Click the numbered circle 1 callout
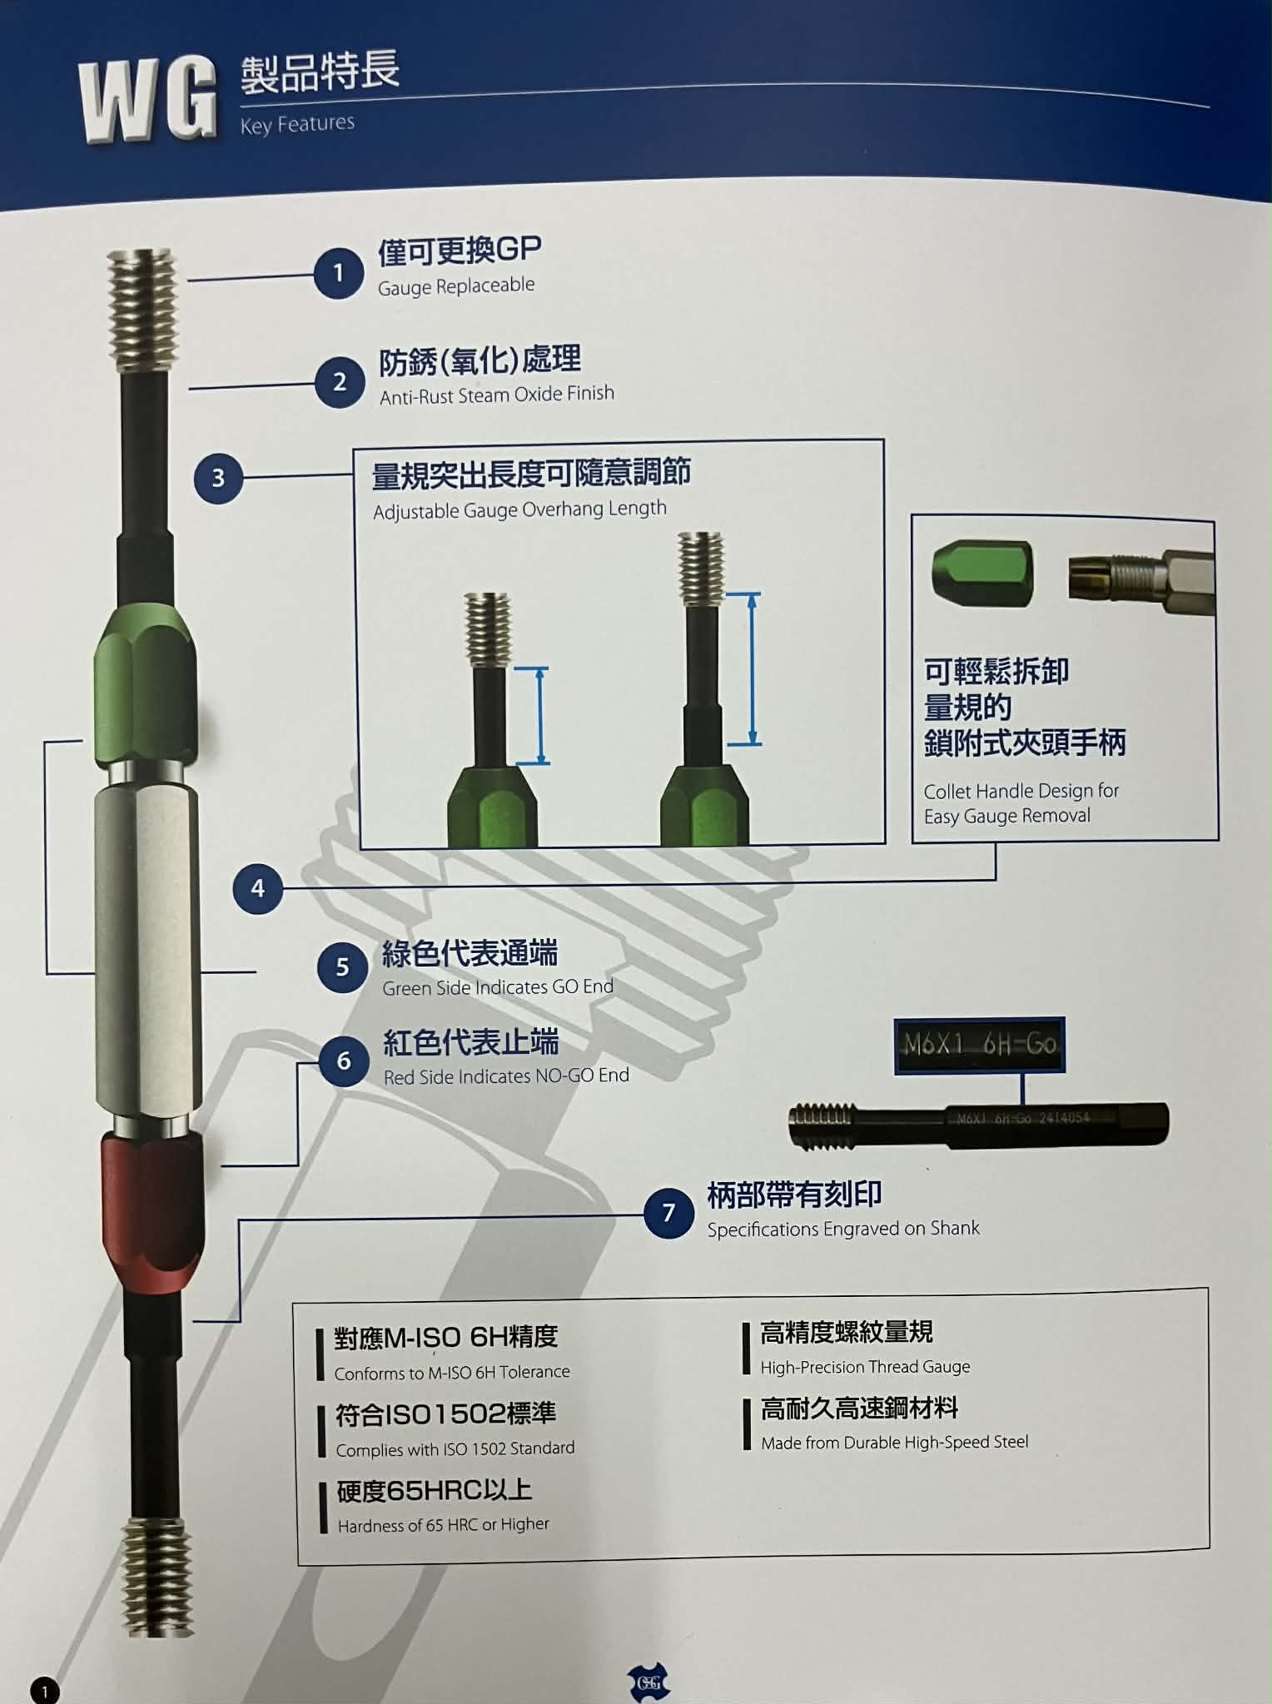tap(338, 272)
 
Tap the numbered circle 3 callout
tap(218, 478)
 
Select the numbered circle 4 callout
tap(258, 888)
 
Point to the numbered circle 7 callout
tap(668, 1213)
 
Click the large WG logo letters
tap(147, 101)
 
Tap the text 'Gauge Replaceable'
tap(456, 286)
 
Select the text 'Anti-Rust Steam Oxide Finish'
tap(497, 394)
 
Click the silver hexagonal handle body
tap(146, 950)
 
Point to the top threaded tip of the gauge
tap(142, 310)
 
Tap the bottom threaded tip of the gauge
tap(157, 1576)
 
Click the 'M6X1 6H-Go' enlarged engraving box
tap(980, 1045)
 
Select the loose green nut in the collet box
tap(982, 572)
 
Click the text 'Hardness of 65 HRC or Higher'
tap(444, 1524)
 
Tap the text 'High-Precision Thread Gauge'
tap(865, 1367)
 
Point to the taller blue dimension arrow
tap(753, 669)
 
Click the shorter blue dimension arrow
tap(540, 716)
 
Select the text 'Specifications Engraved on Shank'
tap(843, 1229)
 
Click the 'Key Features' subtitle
tap(297, 124)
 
